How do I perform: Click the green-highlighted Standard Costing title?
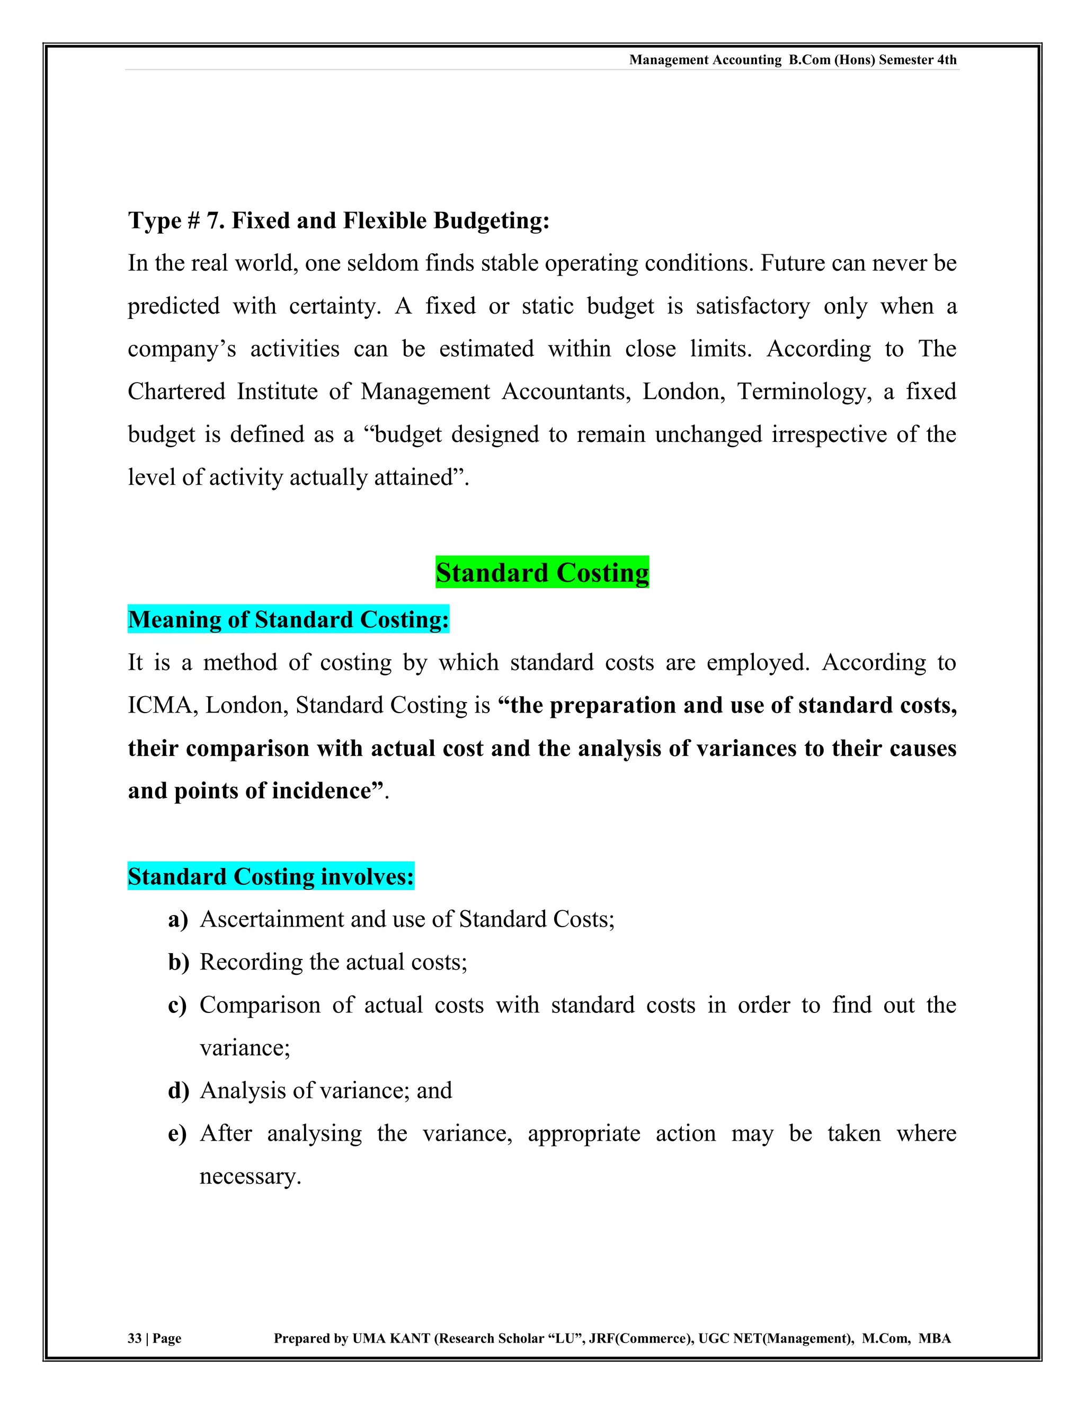click(542, 572)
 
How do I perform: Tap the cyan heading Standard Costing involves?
click(271, 876)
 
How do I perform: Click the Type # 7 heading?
click(339, 220)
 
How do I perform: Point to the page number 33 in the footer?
click(135, 1338)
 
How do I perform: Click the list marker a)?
click(178, 919)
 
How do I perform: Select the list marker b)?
click(179, 962)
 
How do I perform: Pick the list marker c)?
click(177, 1005)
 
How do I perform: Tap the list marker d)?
click(179, 1090)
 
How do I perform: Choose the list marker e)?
click(177, 1133)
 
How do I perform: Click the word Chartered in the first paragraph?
click(176, 392)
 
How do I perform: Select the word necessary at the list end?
click(250, 1176)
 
